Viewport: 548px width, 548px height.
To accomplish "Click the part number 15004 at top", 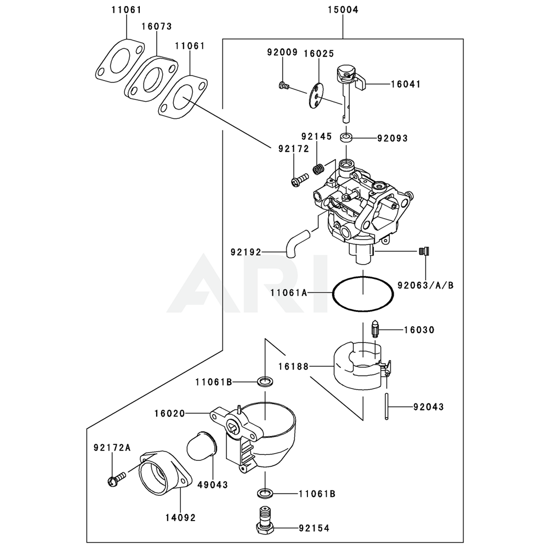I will (342, 10).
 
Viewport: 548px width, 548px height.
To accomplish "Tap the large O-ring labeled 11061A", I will (363, 294).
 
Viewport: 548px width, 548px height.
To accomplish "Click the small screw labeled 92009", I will (283, 85).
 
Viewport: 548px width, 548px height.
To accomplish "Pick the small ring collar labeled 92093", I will (346, 137).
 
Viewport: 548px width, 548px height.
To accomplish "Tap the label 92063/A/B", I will (426, 284).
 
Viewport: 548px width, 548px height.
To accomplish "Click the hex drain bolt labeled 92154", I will (265, 520).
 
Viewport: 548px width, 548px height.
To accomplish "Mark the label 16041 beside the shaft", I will (406, 84).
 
